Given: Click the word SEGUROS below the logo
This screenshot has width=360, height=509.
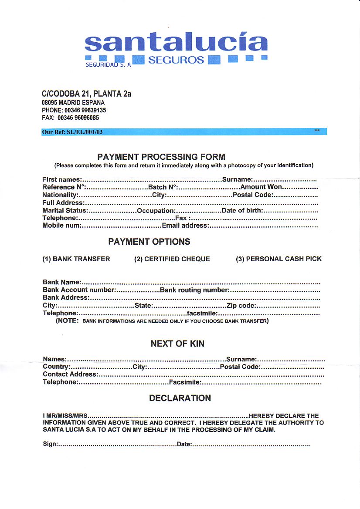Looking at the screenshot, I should tap(176, 60).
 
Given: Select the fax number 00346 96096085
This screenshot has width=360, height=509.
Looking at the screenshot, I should tap(82, 118).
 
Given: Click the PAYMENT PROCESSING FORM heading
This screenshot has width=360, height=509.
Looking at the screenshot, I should tap(161, 157).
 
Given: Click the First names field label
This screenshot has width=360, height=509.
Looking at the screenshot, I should tap(61, 179).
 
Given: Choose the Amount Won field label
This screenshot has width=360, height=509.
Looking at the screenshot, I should tap(262, 187).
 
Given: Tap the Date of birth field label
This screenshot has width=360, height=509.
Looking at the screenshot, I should tap(242, 210).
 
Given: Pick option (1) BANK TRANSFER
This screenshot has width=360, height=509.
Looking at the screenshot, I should tap(76, 259).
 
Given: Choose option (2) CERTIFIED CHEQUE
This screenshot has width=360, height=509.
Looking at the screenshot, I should tap(172, 259).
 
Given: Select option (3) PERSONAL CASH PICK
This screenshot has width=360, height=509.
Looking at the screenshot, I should tap(278, 259).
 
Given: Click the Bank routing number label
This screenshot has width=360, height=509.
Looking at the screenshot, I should tap(194, 290).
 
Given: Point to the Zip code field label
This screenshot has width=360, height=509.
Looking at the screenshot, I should tap(241, 306).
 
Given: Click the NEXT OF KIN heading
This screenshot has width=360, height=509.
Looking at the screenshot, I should tap(177, 344).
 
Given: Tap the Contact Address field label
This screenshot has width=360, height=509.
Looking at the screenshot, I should tap(70, 374).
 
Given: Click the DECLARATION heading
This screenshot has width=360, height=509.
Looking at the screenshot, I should tap(180, 398).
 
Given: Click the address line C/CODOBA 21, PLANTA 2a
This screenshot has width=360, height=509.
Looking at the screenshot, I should tap(86, 94).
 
